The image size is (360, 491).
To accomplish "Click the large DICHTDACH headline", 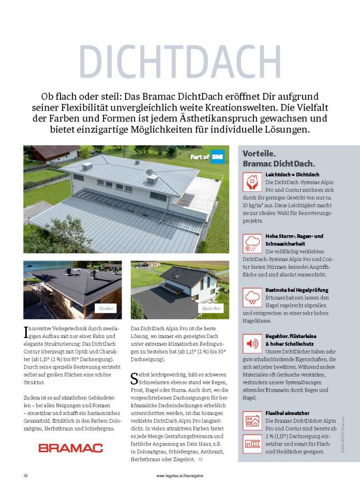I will pyautogui.click(x=180, y=61).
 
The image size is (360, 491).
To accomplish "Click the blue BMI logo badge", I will pyautogui.click(x=217, y=157).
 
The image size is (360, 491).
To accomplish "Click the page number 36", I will pyautogui.click(x=25, y=474).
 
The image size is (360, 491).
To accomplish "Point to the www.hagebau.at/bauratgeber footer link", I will pyautogui.click(x=179, y=474).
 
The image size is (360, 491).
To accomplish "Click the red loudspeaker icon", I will pyautogui.click(x=252, y=343).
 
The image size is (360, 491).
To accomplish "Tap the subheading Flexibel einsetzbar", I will pyautogui.click(x=287, y=413).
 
